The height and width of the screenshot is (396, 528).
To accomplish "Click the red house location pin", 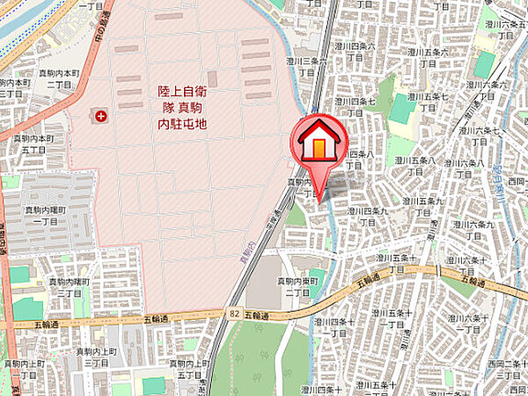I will (319, 145).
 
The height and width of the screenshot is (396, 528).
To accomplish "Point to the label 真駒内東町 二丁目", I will (297, 286).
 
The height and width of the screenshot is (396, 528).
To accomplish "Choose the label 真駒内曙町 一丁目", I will (42, 216).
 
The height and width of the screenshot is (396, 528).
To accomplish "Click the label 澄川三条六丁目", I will (307, 66).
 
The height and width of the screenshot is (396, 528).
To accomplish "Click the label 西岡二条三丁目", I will (511, 370).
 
